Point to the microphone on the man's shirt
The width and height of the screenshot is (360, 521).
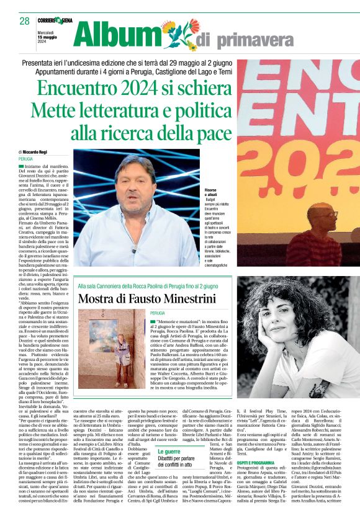pos(134,249)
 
